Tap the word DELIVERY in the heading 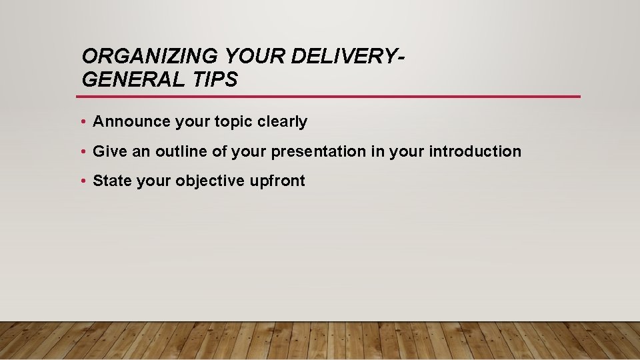346,57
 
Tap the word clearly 283,121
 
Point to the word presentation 319,151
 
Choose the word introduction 475,151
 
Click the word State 113,181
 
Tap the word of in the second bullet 220,151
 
